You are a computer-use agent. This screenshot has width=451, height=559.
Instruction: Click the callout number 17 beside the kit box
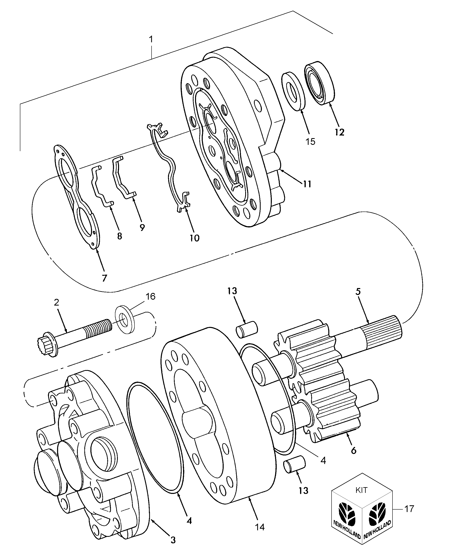409,508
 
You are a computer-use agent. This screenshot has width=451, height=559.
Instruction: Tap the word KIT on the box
361,490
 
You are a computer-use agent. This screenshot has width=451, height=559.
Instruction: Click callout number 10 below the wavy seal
194,238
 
